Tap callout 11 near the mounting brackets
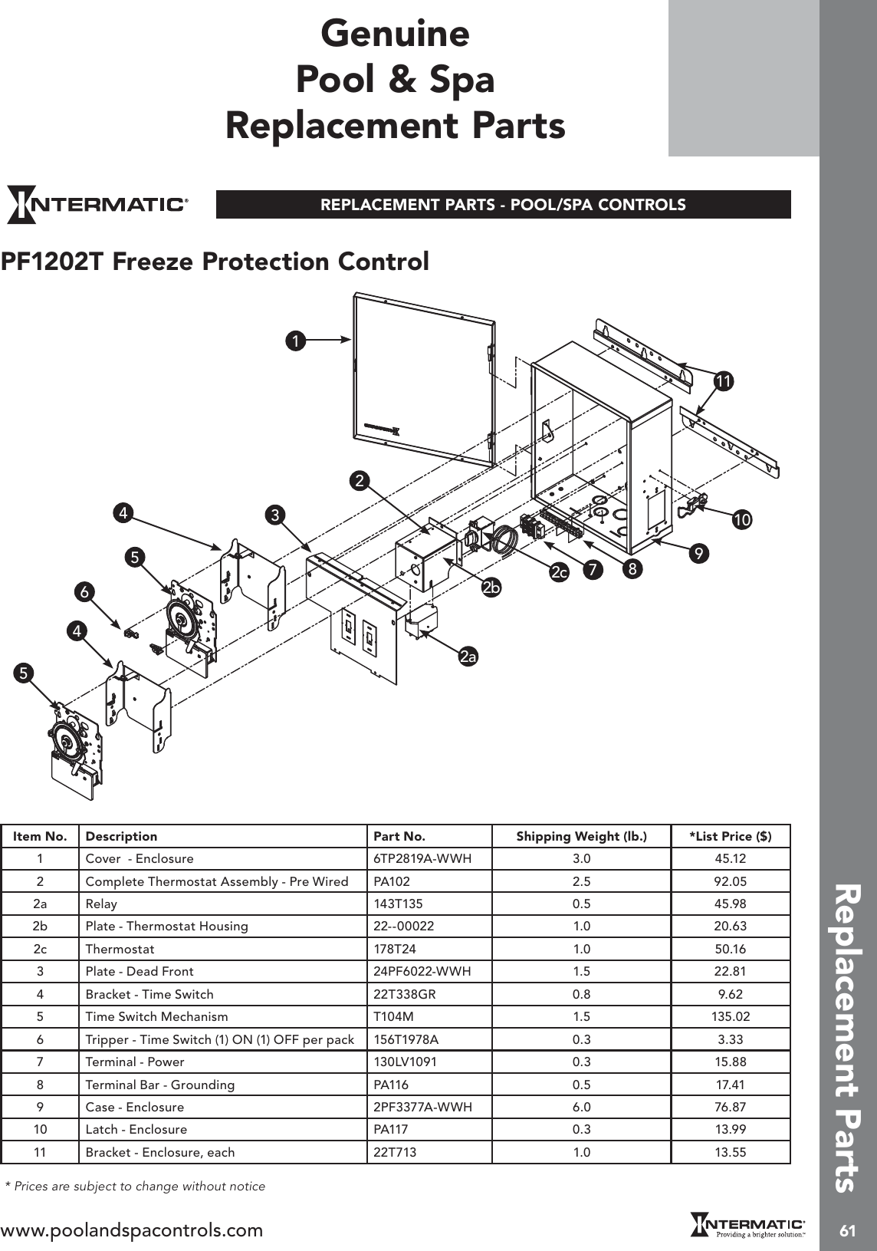(x=723, y=380)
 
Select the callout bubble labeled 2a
(x=468, y=657)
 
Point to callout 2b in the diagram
(x=491, y=588)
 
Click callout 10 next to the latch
(x=741, y=520)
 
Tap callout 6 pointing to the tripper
(x=84, y=591)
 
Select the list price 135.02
(x=730, y=1017)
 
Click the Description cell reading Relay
(x=101, y=904)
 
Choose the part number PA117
(x=391, y=1129)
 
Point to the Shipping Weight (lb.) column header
(x=581, y=836)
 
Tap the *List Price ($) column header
(x=730, y=836)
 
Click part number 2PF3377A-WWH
(x=422, y=1107)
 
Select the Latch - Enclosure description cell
(x=136, y=1129)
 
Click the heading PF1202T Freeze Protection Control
(x=215, y=262)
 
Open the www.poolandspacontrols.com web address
(x=132, y=1230)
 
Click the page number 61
(x=847, y=1231)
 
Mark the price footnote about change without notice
(x=136, y=1187)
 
